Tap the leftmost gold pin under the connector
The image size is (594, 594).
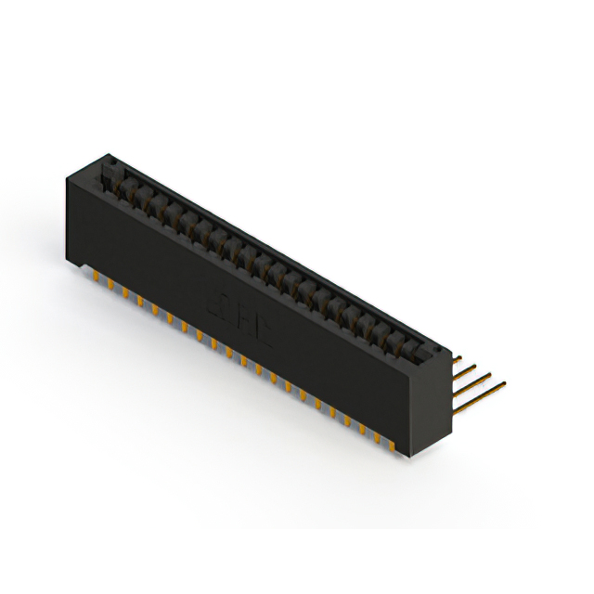[x=97, y=278]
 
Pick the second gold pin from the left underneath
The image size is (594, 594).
[x=110, y=285]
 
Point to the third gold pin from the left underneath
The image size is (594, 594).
[x=125, y=293]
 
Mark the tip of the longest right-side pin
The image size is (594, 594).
[x=504, y=381]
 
